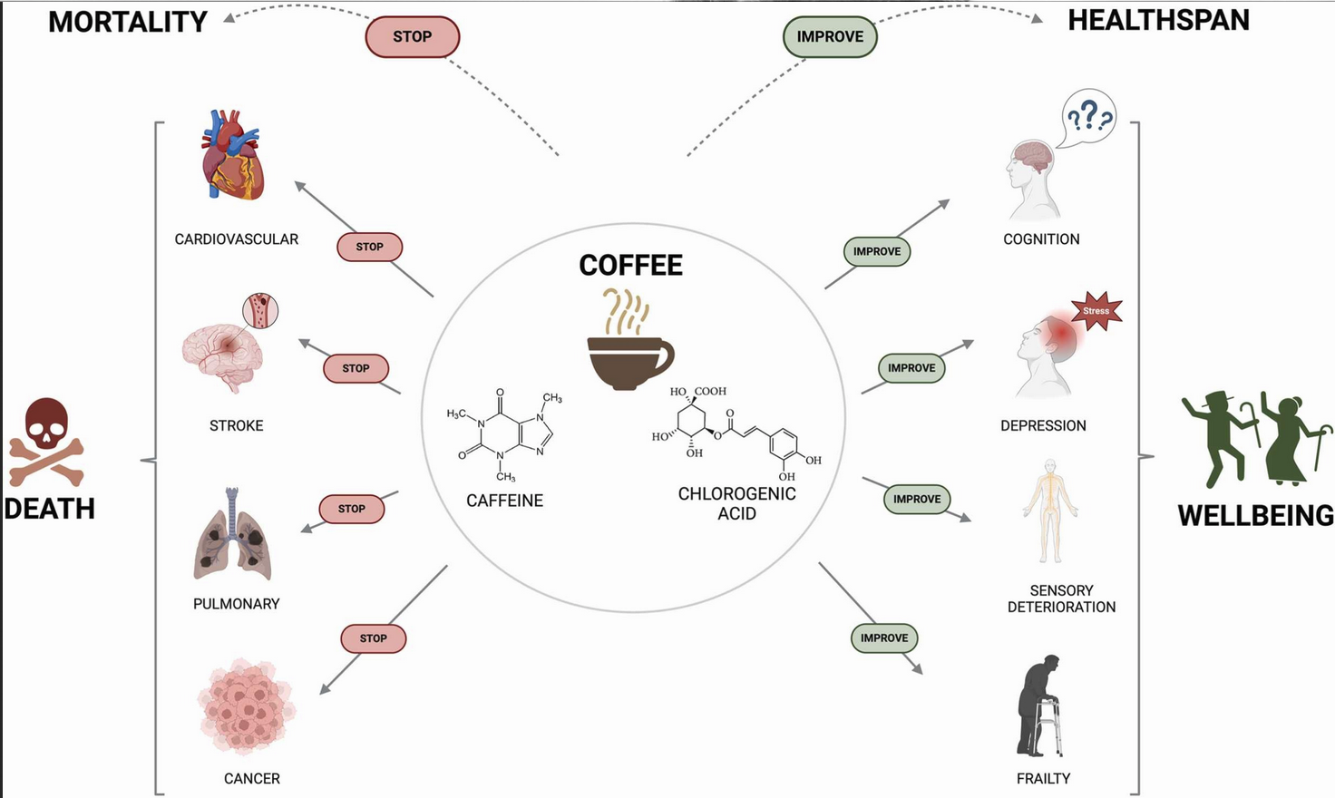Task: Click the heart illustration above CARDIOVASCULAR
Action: coord(232,156)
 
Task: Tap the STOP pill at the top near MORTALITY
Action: coord(413,37)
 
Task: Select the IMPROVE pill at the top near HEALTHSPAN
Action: coord(830,37)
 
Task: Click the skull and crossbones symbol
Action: coord(46,442)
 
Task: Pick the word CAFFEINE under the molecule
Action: coord(504,501)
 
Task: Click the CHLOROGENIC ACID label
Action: coord(736,503)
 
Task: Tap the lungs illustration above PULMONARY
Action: coord(232,537)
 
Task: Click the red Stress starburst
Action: coord(1096,311)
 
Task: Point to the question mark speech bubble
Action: coord(1088,118)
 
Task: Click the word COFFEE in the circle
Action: coord(630,266)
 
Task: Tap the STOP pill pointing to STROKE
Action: coord(356,368)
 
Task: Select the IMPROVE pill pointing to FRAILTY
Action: coord(884,638)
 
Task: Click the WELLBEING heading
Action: coord(1255,516)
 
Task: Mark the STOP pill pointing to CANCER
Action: coord(373,638)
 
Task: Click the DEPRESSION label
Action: coord(1043,426)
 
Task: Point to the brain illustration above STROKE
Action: coord(223,354)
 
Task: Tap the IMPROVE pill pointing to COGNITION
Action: coord(877,252)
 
